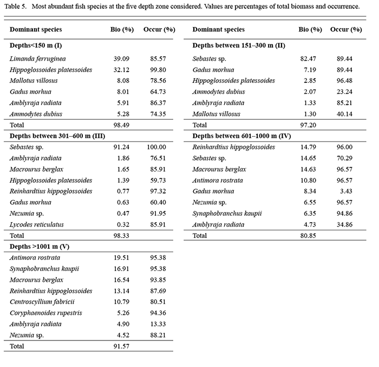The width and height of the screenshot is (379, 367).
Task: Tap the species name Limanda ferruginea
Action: [38, 59]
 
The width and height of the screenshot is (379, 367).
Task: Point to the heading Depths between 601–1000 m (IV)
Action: [239, 136]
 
